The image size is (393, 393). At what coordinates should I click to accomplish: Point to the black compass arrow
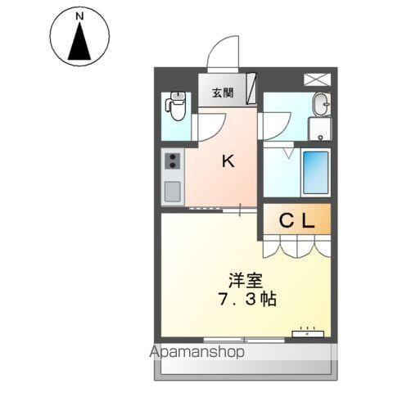click(79, 43)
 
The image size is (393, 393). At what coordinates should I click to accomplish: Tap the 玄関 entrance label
click(223, 93)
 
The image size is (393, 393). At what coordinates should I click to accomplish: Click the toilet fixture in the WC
click(175, 106)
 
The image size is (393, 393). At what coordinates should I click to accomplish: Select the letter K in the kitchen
click(228, 160)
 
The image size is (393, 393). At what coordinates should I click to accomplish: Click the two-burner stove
click(173, 160)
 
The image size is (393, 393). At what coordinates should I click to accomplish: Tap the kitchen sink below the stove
click(173, 191)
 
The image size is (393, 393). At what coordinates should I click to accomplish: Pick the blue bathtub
click(315, 172)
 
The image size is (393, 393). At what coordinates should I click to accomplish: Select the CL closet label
click(296, 220)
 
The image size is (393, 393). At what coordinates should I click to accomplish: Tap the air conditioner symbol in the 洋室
click(308, 332)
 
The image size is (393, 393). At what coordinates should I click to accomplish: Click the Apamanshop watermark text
click(199, 353)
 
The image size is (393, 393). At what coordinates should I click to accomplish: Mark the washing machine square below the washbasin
click(320, 129)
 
